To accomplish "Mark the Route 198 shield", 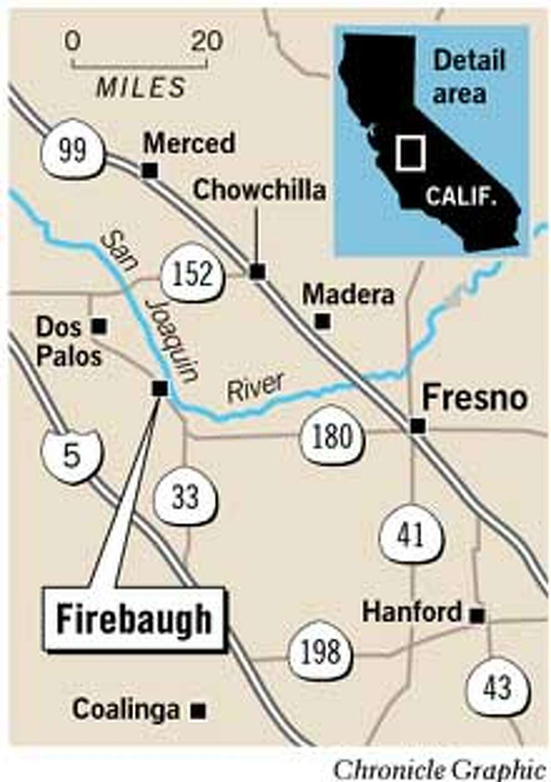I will [320, 652].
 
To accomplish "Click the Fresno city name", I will [474, 398].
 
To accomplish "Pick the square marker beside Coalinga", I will [198, 724].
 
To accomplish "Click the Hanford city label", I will [412, 612].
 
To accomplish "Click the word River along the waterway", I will [256, 389].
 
